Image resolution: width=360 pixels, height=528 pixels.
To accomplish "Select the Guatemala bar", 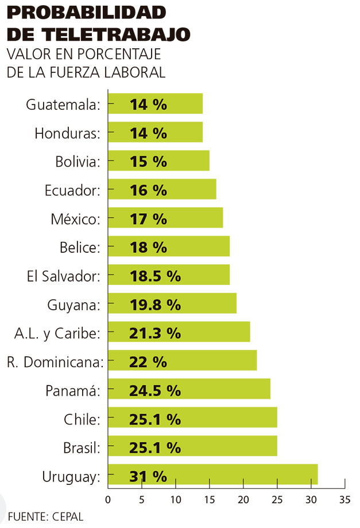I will pos(155,104).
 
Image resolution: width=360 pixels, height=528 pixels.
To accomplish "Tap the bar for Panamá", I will pos(189,390).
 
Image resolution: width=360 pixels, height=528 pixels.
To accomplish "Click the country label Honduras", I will pos(67,133).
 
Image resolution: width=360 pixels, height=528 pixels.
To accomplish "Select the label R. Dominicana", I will pos(55,362).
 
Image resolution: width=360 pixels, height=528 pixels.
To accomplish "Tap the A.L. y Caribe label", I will pos(58,333).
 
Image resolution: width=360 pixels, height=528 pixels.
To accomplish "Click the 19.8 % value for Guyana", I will pos(154,305).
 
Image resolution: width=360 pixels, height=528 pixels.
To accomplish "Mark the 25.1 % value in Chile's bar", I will pos(154,418).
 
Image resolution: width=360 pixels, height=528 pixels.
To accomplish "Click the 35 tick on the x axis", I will pos(344,498).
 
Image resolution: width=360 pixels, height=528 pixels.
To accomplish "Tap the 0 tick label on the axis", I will pos(108,498).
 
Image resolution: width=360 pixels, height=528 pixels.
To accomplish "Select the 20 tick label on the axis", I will pos(243,498).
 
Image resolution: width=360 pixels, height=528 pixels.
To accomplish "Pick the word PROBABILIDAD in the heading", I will pos(86,13).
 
